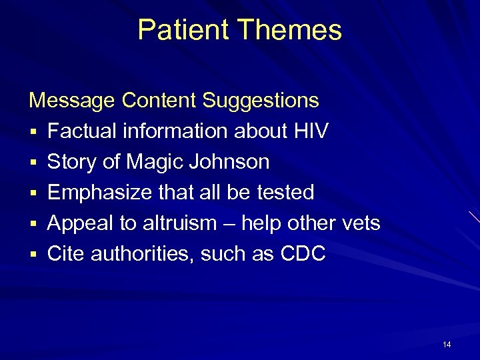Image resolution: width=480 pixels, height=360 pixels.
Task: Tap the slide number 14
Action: pos(447,345)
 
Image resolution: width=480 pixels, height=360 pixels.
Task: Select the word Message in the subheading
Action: pos(72,101)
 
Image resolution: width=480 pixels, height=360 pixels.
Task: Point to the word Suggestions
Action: pos(261,101)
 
